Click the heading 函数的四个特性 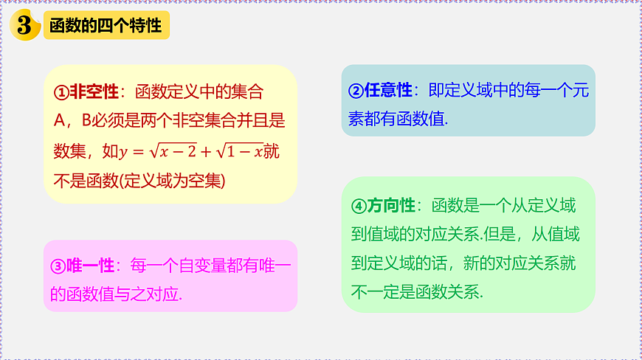[105, 26]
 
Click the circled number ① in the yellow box [61, 93]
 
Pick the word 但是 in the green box [502, 235]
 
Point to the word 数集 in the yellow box [69, 151]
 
